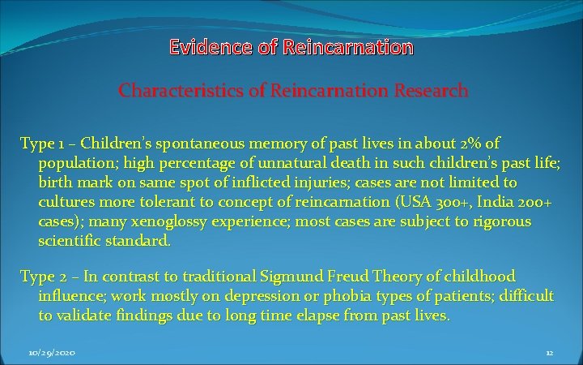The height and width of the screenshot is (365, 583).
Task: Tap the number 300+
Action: pos(466,202)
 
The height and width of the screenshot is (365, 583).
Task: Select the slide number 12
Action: pos(549,353)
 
